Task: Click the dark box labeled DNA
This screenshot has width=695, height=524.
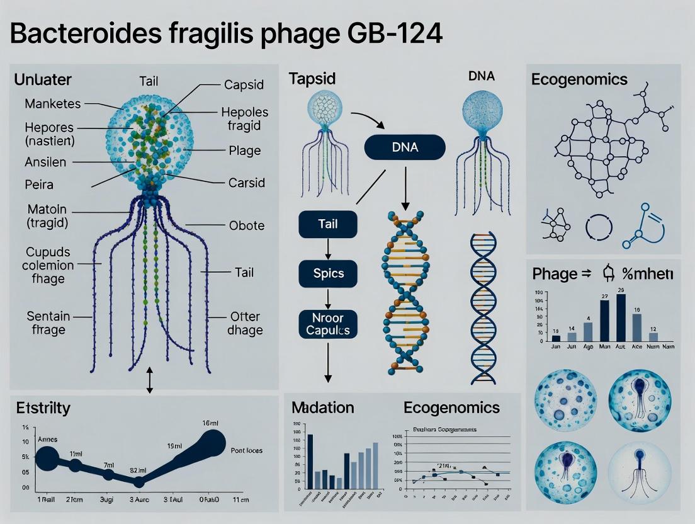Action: click(405, 149)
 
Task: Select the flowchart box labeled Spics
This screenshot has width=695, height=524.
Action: click(327, 274)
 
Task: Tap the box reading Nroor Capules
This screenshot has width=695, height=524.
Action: click(327, 323)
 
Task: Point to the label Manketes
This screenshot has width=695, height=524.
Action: click(52, 103)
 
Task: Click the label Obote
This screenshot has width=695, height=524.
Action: click(247, 225)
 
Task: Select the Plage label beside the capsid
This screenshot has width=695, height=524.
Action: click(245, 151)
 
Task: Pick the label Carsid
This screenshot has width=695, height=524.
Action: click(246, 183)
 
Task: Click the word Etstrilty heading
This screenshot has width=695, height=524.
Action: click(43, 407)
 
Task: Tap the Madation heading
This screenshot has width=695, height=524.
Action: click(323, 407)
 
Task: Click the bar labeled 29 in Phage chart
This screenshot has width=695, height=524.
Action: click(621, 317)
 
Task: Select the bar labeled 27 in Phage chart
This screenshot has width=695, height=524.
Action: click(604, 321)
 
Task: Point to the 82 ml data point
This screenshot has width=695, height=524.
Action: click(139, 482)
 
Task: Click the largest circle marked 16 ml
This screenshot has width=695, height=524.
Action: click(212, 441)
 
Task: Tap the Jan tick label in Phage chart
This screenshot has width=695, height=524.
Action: click(555, 346)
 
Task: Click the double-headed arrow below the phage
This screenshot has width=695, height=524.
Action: click(149, 380)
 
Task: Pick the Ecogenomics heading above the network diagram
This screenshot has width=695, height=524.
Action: click(579, 79)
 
